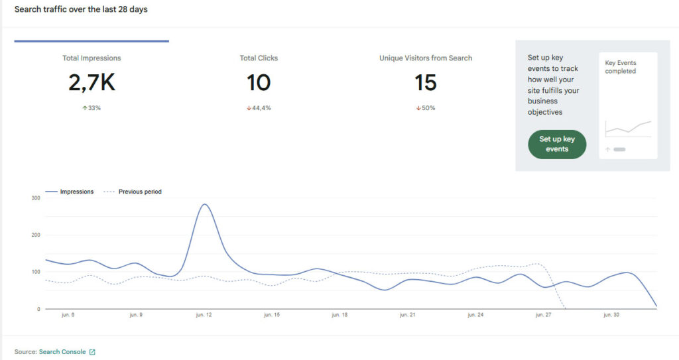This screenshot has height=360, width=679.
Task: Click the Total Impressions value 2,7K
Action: pyautogui.click(x=92, y=82)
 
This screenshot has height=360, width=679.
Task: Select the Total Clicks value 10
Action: pyautogui.click(x=259, y=82)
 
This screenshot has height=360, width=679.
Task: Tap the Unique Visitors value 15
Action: pyautogui.click(x=426, y=82)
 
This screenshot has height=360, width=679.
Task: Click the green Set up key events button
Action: pyautogui.click(x=557, y=145)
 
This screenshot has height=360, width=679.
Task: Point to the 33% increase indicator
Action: pyautogui.click(x=92, y=108)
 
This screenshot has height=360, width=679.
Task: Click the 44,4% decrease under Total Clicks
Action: pyautogui.click(x=259, y=108)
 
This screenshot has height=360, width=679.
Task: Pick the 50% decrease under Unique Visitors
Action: pyautogui.click(x=426, y=108)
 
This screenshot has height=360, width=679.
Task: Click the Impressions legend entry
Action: pyautogui.click(x=69, y=192)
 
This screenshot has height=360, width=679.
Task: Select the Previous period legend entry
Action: pyautogui.click(x=133, y=192)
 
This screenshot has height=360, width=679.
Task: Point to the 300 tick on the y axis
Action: pyautogui.click(x=36, y=198)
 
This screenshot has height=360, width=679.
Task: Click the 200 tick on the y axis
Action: pyautogui.click(x=36, y=235)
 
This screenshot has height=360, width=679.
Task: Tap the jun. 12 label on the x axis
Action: pyautogui.click(x=204, y=315)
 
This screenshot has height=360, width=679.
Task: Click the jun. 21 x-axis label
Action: pyautogui.click(x=408, y=315)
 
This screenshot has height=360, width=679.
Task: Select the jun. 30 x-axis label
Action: pyautogui.click(x=611, y=315)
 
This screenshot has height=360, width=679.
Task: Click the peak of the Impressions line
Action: pyautogui.click(x=204, y=204)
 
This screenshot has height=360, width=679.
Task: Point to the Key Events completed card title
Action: pyautogui.click(x=621, y=67)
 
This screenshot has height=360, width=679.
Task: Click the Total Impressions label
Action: pyautogui.click(x=92, y=58)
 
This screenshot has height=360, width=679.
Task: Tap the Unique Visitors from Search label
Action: pyautogui.click(x=426, y=58)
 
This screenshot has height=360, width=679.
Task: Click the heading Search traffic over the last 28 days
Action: pyautogui.click(x=81, y=9)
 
